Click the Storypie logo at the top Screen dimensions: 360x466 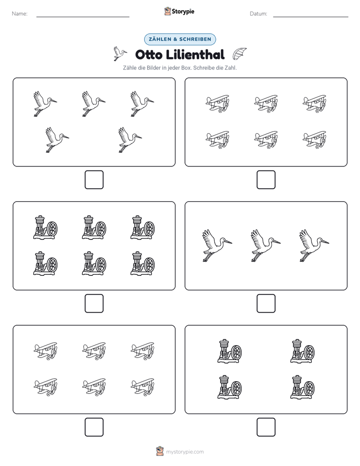179,11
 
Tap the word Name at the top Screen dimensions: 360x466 19,14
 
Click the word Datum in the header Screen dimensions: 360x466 258,14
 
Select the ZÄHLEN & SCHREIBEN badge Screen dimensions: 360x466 180,39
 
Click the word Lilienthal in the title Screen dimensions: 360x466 195,54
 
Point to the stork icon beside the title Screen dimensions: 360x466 120,53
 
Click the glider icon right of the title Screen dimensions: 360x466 239,53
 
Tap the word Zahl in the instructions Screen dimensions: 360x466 230,68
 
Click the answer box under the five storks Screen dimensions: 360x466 94,180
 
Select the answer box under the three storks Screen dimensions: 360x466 266,304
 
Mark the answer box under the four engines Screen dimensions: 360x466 266,427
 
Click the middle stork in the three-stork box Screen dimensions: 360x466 266,246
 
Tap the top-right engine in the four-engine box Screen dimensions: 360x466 303,351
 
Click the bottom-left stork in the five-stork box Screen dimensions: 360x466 57,140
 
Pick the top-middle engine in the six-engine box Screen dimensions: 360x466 94,227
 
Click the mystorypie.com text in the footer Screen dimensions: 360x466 185,452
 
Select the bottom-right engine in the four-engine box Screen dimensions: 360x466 303,387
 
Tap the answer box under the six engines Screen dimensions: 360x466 94,304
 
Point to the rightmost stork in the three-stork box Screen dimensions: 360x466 314,246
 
